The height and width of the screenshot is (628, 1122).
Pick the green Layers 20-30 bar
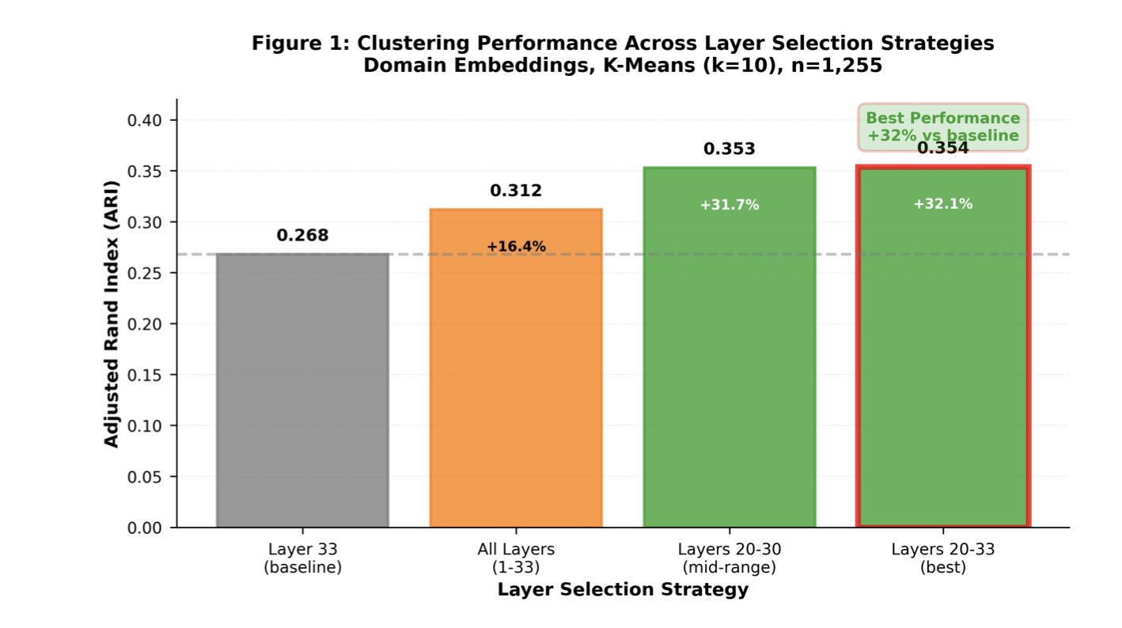[730, 356]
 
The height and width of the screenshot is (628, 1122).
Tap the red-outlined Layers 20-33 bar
[943, 356]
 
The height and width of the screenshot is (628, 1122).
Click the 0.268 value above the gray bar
[302, 236]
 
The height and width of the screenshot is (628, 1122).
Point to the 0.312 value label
[516, 191]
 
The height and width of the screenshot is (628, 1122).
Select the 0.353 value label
[730, 149]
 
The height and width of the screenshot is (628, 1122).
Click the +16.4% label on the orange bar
[516, 247]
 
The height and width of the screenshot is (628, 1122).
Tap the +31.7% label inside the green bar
[730, 206]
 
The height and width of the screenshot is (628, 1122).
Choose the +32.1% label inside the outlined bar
[943, 204]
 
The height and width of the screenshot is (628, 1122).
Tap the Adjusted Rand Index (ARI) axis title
[112, 312]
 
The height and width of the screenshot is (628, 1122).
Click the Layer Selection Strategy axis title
[623, 590]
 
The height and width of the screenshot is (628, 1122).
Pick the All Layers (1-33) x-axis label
[516, 558]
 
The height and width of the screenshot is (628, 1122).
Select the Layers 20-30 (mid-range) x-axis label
[730, 558]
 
